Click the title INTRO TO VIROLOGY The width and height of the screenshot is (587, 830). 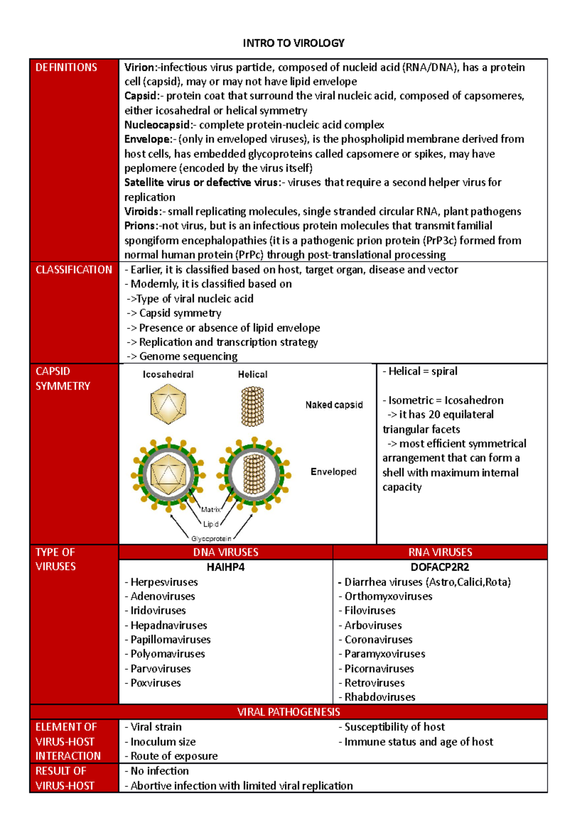pyautogui.click(x=293, y=43)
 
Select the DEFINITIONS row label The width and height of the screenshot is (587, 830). pyautogui.click(x=66, y=67)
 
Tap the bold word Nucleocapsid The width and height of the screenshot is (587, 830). pyautogui.click(x=156, y=125)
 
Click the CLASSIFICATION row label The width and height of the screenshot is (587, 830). pyautogui.click(x=73, y=270)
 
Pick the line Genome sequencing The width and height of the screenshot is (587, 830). pyautogui.click(x=188, y=356)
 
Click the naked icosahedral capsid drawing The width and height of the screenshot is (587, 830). pyautogui.click(x=168, y=404)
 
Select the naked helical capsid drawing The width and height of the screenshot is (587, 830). pyautogui.click(x=252, y=406)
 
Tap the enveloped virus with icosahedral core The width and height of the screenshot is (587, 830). pyautogui.click(x=168, y=474)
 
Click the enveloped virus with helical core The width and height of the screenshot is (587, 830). pyautogui.click(x=254, y=474)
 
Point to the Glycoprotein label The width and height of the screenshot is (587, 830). pyautogui.click(x=211, y=539)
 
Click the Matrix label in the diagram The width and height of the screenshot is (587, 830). pyautogui.click(x=211, y=509)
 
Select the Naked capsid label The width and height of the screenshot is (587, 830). pyautogui.click(x=334, y=405)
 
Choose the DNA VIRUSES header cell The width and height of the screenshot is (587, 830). pyautogui.click(x=226, y=552)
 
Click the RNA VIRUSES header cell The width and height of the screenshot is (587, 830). pyautogui.click(x=440, y=552)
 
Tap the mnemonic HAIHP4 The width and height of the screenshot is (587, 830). pyautogui.click(x=226, y=567)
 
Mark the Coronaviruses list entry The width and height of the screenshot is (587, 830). pyautogui.click(x=378, y=639)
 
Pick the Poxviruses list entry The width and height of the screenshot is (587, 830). pyautogui.click(x=155, y=683)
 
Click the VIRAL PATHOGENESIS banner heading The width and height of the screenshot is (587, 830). pyautogui.click(x=289, y=712)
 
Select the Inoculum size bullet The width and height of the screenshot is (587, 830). pyautogui.click(x=162, y=742)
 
